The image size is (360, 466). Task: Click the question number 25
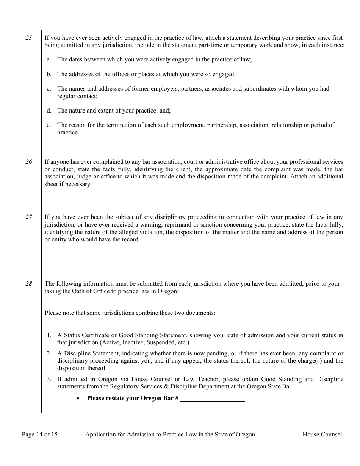click(29, 38)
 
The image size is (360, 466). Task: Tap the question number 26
click(29, 162)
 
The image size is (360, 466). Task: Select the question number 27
click(29, 217)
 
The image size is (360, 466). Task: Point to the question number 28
click(29, 283)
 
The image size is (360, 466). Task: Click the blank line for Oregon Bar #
click(212, 399)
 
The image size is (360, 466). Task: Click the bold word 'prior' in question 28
click(313, 283)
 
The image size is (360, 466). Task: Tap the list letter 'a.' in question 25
click(49, 59)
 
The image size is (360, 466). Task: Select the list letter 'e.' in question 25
click(49, 125)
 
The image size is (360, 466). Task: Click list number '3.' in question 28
click(49, 379)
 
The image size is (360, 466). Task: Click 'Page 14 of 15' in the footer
click(40, 435)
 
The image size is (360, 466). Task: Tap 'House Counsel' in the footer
click(322, 435)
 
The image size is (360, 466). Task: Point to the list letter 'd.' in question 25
click(49, 111)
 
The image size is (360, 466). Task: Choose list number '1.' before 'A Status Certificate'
click(49, 335)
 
